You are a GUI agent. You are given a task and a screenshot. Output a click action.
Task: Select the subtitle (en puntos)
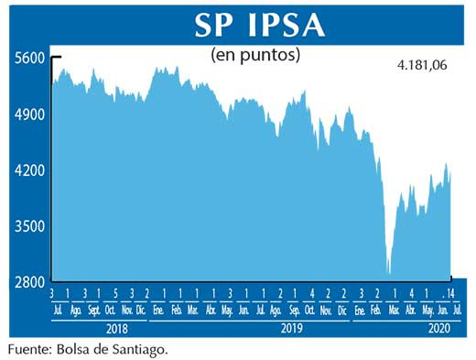(x=255, y=55)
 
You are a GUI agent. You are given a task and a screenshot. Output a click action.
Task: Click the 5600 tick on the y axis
(x=29, y=58)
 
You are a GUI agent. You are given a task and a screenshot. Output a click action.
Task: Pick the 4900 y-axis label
(x=29, y=115)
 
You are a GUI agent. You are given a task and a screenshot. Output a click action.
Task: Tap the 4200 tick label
(x=29, y=170)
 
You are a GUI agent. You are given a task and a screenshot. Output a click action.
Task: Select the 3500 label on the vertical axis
(x=29, y=226)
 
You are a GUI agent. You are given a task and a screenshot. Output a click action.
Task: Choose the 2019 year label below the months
(x=291, y=327)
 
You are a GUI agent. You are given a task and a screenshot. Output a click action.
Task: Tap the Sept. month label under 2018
(x=93, y=310)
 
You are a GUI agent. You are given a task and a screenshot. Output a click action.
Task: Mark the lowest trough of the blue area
(x=389, y=273)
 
